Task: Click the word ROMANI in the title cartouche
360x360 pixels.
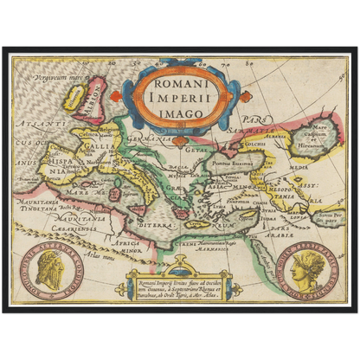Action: coord(181,84)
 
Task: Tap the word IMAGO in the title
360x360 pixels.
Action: coord(181,112)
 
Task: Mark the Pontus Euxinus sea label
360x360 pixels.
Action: coord(230,162)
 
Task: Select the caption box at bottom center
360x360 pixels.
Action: coord(180,283)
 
